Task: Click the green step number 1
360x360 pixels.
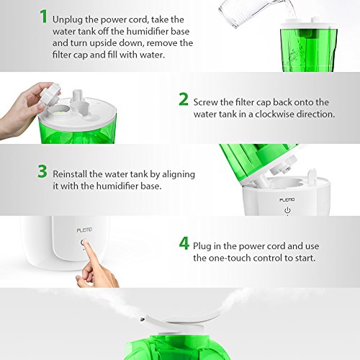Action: pos(44,17)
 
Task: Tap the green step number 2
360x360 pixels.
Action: pos(184,99)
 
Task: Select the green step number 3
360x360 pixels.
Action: pos(42,171)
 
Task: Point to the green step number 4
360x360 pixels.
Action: pos(184,243)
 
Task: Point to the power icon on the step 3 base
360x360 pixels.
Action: pos(287,210)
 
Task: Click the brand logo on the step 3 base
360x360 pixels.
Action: pos(287,199)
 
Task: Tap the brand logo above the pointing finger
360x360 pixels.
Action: pos(84,230)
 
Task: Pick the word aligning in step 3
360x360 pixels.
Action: pos(179,174)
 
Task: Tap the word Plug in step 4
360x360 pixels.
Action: pos(202,247)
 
